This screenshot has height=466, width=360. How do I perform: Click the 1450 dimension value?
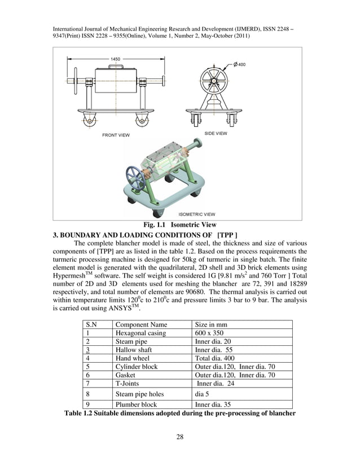pos(115,59)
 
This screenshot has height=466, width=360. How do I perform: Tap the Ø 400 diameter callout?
pos(239,64)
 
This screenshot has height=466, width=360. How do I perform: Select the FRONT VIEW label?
pos(116,135)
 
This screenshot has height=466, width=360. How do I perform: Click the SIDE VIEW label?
pos(216,133)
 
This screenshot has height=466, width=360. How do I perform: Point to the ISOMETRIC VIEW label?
pos(196,214)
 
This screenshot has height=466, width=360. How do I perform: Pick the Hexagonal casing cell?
pos(141,333)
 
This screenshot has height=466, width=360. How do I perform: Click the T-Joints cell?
pos(130,384)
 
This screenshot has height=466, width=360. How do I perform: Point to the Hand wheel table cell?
pos(134,358)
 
